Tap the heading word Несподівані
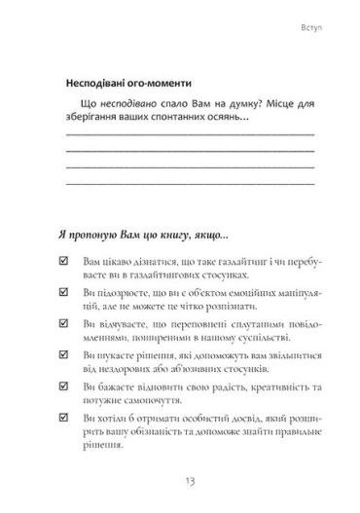(99, 81)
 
